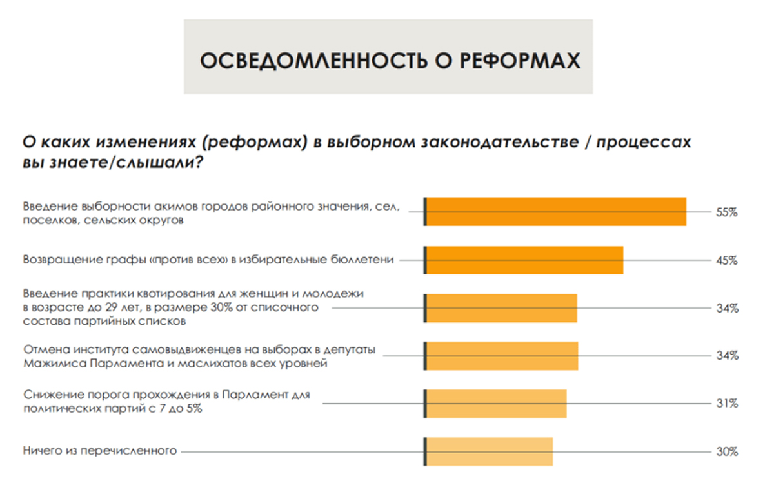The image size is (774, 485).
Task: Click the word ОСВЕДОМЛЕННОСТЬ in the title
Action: pos(313,61)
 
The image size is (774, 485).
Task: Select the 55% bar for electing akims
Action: pos(555,212)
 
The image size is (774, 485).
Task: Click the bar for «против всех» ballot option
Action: pos(524,260)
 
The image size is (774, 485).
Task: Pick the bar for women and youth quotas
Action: pos(501,308)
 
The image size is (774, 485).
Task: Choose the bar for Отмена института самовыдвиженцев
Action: pos(501,356)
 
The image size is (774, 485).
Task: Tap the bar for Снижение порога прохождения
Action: pos(495,404)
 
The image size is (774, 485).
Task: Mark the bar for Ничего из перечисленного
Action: pos(488,452)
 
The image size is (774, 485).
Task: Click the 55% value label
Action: pos(727,212)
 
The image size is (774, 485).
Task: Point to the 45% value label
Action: pos(727,260)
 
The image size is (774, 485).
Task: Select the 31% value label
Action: pos(727,404)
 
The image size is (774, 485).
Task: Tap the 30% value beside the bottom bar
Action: pos(727,451)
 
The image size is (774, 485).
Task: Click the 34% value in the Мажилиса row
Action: pos(728,355)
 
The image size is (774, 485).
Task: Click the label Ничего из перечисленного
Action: pos(100,451)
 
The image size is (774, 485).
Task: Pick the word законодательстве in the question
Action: pos(500,142)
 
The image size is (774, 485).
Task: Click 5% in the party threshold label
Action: pos(194,409)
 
